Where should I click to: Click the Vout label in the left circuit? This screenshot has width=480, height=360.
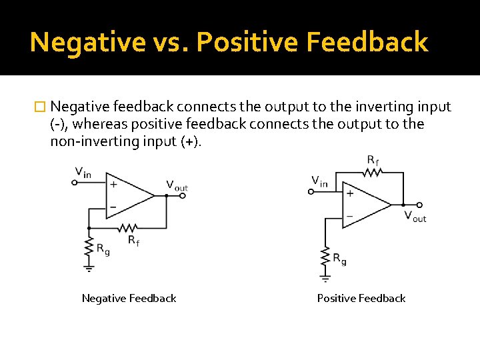pyautogui.click(x=177, y=186)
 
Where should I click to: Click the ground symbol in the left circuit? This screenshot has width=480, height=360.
pyautogui.click(x=89, y=267)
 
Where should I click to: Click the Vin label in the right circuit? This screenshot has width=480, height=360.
pyautogui.click(x=320, y=181)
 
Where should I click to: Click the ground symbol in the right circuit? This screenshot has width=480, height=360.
pyautogui.click(x=325, y=275)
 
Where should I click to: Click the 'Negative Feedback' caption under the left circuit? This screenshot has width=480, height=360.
pyautogui.click(x=129, y=299)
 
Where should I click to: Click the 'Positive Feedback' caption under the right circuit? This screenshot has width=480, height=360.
pyautogui.click(x=361, y=299)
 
